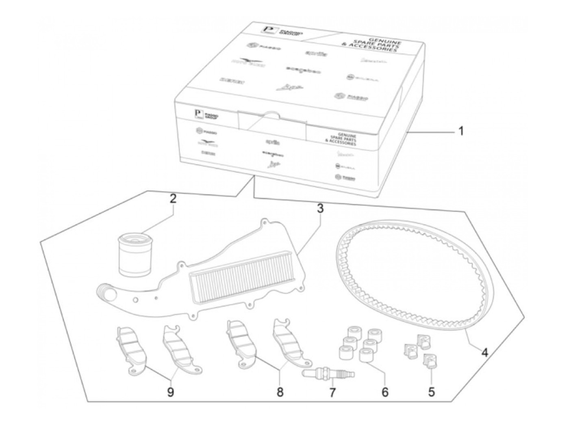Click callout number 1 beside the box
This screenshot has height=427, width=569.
pyautogui.click(x=460, y=132)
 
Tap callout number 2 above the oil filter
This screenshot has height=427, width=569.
pyautogui.click(x=173, y=199)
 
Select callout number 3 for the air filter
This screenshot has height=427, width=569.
pyautogui.click(x=320, y=209)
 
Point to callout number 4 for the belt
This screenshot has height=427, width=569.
pyautogui.click(x=484, y=352)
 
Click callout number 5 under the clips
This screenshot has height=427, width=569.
pyautogui.click(x=431, y=392)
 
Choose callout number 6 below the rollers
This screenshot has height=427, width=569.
pyautogui.click(x=384, y=392)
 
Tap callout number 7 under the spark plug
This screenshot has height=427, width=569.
pyautogui.click(x=332, y=392)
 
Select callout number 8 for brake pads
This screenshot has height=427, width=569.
pyautogui.click(x=280, y=392)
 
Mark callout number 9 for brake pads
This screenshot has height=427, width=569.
pyautogui.click(x=171, y=392)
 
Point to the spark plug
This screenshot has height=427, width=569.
pyautogui.click(x=328, y=373)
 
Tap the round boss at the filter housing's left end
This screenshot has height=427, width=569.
pyautogui.click(x=104, y=291)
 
